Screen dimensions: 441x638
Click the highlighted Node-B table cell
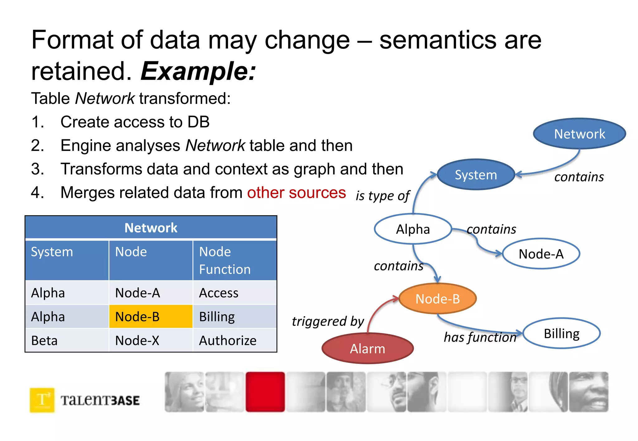tap(150, 317)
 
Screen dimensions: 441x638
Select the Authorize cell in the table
tap(234, 341)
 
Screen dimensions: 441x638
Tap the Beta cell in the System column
tap(67, 341)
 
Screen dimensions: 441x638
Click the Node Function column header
tap(234, 260)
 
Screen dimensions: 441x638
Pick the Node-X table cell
tap(150, 341)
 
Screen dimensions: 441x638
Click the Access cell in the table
tap(234, 293)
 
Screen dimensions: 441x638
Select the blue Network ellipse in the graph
tap(579, 134)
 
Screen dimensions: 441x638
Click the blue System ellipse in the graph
tap(476, 175)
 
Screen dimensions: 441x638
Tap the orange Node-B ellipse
tap(437, 299)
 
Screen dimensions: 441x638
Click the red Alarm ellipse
tap(368, 349)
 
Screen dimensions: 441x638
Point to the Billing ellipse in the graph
tap(561, 333)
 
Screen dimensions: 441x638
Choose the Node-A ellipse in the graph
tap(541, 254)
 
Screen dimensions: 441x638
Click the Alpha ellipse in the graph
tap(413, 229)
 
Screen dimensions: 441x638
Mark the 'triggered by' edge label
tap(328, 321)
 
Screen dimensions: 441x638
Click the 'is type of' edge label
tap(383, 196)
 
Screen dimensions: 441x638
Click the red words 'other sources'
tap(296, 193)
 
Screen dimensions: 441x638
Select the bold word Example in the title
tap(198, 71)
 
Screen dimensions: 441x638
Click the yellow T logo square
tap(42, 400)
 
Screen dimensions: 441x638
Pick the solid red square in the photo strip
tap(265, 392)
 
